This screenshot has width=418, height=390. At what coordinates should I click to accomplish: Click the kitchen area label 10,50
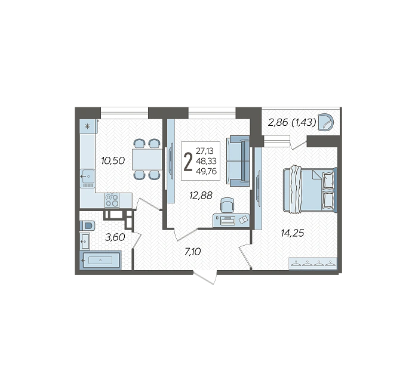(x=113, y=160)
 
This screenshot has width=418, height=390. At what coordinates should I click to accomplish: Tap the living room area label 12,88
(x=201, y=196)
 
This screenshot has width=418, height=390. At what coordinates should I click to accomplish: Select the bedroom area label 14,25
(x=293, y=233)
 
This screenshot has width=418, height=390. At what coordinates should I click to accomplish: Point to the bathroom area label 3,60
(x=115, y=237)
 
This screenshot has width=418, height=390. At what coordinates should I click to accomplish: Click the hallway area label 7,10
(x=192, y=252)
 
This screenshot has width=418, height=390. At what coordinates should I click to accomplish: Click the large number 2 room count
(x=188, y=163)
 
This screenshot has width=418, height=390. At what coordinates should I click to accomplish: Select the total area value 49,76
(x=206, y=171)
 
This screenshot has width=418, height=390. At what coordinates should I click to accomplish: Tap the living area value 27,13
(x=205, y=151)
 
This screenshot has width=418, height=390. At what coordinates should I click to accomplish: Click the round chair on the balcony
(x=326, y=122)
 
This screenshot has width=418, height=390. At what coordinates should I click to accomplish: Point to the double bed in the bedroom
(x=310, y=190)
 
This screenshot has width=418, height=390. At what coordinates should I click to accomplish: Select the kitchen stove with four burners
(x=112, y=200)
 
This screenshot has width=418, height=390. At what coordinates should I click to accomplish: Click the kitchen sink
(x=87, y=177)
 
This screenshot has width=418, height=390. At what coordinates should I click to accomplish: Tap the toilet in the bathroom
(x=87, y=225)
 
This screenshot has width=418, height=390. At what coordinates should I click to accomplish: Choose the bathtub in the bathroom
(x=100, y=260)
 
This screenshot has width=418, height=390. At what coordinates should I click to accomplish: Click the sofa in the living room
(x=238, y=161)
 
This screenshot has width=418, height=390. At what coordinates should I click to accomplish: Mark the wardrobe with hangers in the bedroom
(x=313, y=264)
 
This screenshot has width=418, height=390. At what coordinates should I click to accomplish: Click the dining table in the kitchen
(x=147, y=159)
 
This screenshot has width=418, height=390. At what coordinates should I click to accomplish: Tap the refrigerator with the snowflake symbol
(x=87, y=126)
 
